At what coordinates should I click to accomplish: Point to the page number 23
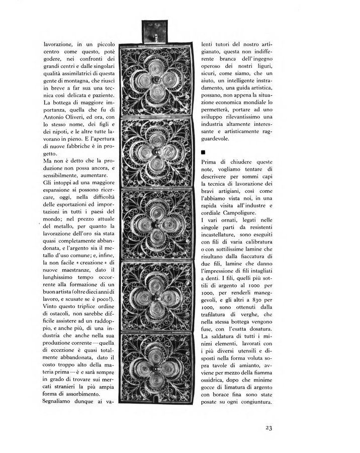click(x=266, y=428)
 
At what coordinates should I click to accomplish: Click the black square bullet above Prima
click(x=203, y=151)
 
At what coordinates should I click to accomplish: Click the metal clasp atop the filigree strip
click(x=154, y=32)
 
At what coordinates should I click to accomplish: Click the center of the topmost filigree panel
click(x=155, y=81)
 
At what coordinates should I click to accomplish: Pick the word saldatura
click(x=227, y=336)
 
